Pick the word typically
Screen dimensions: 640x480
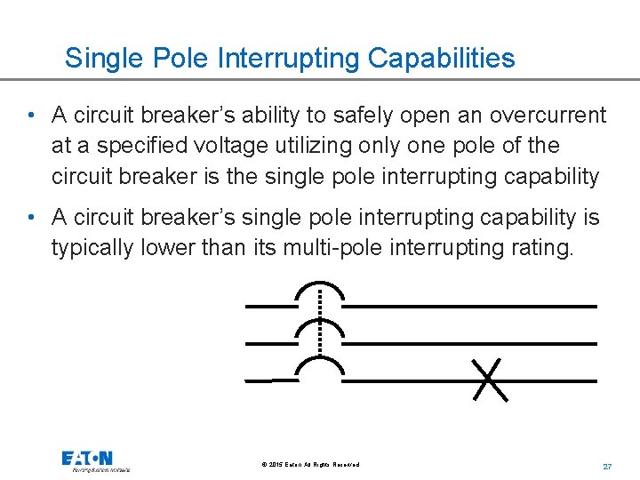pyautogui.click(x=92, y=247)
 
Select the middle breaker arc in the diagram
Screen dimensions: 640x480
pyautogui.click(x=319, y=331)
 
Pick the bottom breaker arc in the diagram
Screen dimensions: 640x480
pyautogui.click(x=319, y=368)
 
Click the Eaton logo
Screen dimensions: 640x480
pyautogui.click(x=87, y=459)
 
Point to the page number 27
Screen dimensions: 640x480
pyautogui.click(x=608, y=466)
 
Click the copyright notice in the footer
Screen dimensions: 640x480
pyautogui.click(x=311, y=465)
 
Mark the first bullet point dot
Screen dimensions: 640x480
pyautogui.click(x=31, y=116)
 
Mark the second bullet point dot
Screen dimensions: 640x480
pyautogui.click(x=31, y=218)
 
